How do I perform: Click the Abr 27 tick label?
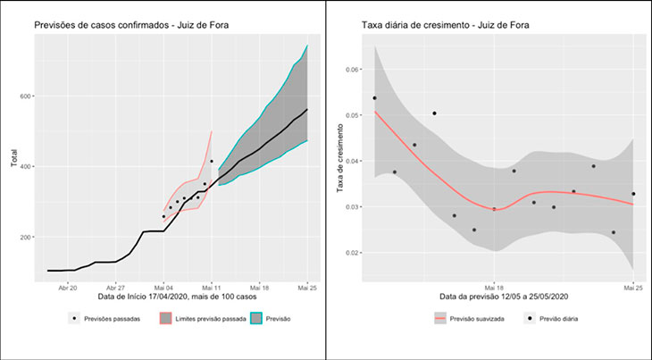(x=116, y=288)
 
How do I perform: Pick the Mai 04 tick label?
(x=163, y=288)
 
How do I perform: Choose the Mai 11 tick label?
(x=212, y=288)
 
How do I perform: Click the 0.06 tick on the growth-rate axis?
(x=355, y=70)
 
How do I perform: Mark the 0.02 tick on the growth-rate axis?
(x=355, y=253)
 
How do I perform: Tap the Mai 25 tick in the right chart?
(x=632, y=288)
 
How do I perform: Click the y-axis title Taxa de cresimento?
(x=340, y=161)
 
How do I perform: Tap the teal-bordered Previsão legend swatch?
(x=258, y=318)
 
